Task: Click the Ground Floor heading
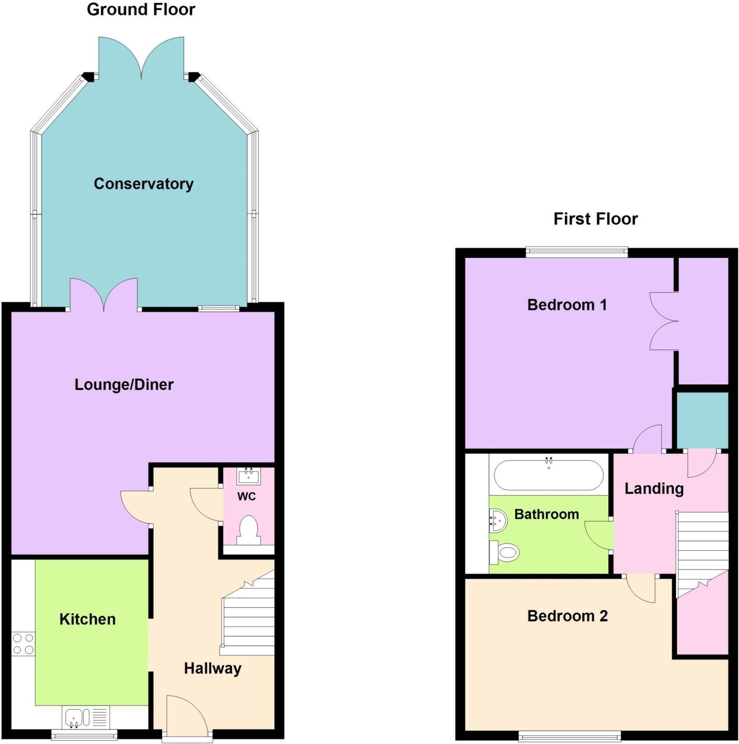pyautogui.click(x=141, y=10)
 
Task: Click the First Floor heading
pyautogui.click(x=595, y=219)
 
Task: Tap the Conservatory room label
pyautogui.click(x=143, y=184)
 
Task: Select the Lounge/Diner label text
pyautogui.click(x=124, y=384)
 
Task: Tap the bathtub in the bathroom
pyautogui.click(x=549, y=475)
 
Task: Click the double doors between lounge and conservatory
pyautogui.click(x=104, y=295)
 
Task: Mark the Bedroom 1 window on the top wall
pyautogui.click(x=577, y=252)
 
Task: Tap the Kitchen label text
pyautogui.click(x=88, y=619)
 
